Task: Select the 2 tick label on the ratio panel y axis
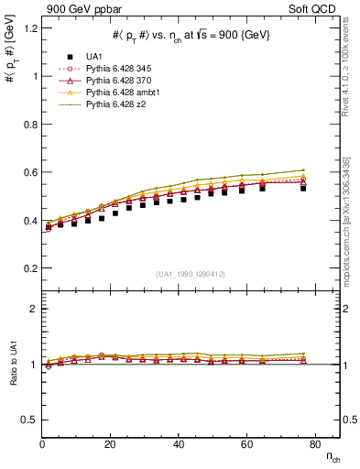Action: point(33,310)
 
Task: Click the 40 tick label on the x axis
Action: point(179,444)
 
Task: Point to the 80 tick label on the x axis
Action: point(314,444)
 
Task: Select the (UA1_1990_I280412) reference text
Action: point(191,274)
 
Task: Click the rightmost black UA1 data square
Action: point(303,188)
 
